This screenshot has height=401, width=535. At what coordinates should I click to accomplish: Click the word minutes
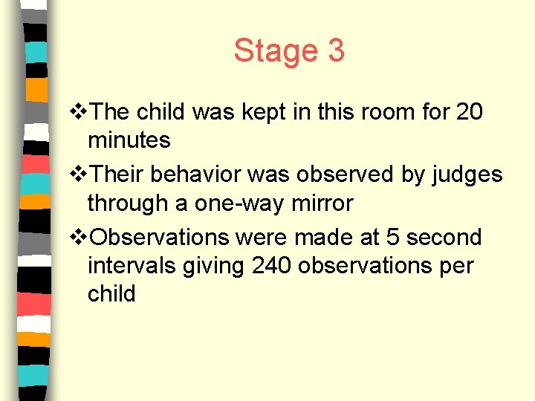[x=129, y=139]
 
